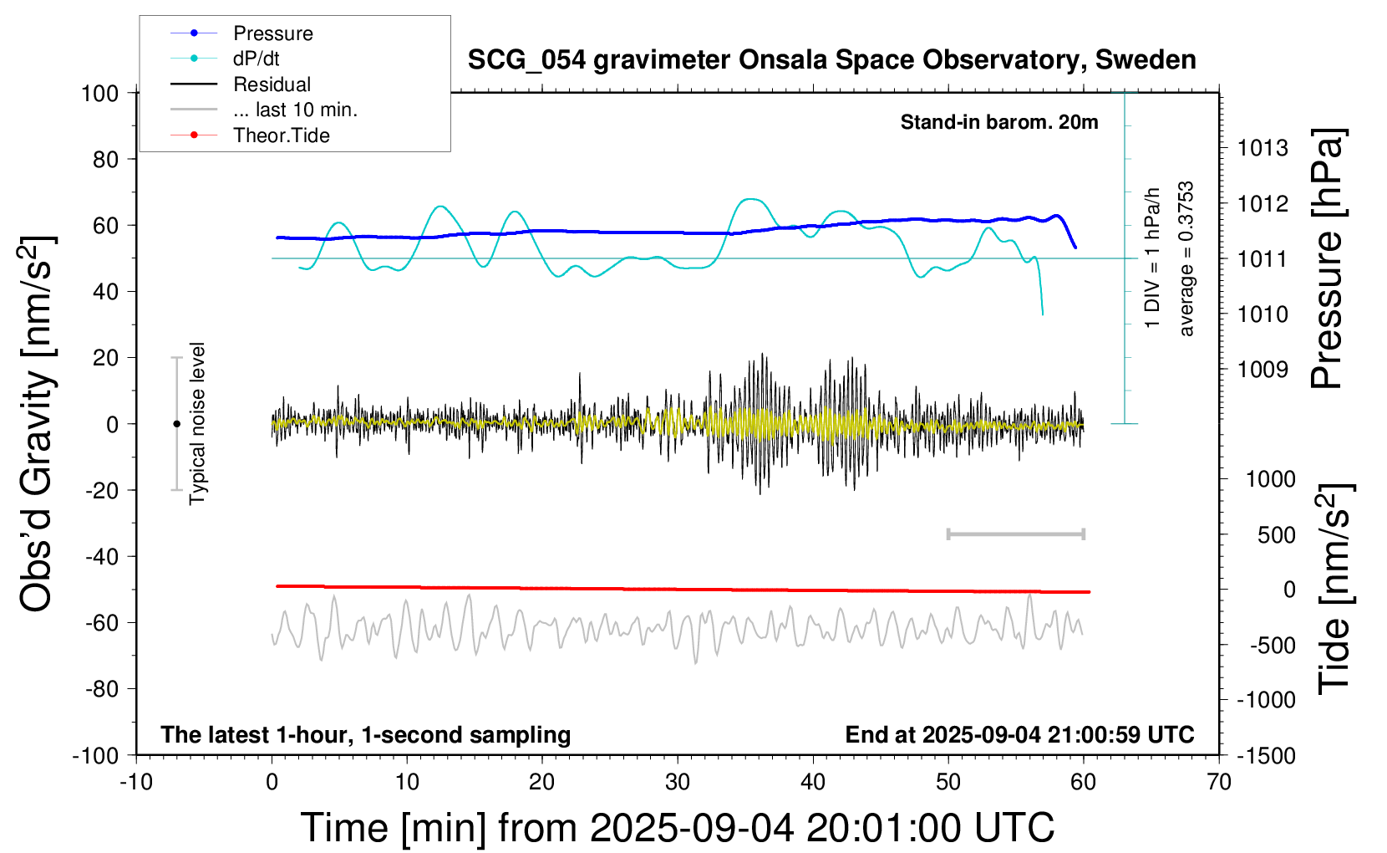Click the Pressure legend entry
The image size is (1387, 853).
click(272, 33)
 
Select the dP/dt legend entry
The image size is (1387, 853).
click(256, 59)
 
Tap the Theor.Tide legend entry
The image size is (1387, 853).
click(281, 135)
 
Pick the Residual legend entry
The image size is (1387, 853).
click(272, 84)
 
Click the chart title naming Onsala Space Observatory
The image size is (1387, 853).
click(831, 60)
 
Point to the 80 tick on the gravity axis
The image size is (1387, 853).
click(105, 159)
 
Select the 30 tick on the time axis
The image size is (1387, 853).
click(678, 782)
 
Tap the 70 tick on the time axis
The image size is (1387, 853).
click(1219, 782)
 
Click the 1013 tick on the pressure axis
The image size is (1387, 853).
click(1263, 148)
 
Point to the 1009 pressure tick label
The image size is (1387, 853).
click(1263, 369)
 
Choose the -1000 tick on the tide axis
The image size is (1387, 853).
click(1266, 700)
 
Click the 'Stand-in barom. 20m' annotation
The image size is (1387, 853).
click(999, 122)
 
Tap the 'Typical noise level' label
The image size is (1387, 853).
click(197, 423)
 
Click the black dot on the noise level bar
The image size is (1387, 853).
click(176, 424)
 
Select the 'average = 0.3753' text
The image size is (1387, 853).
click(1186, 259)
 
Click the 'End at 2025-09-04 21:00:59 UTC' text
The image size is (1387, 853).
click(1019, 734)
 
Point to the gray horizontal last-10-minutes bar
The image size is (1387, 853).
click(1015, 534)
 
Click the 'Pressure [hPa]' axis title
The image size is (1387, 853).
click(1327, 259)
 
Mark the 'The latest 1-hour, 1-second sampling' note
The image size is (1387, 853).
click(366, 734)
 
